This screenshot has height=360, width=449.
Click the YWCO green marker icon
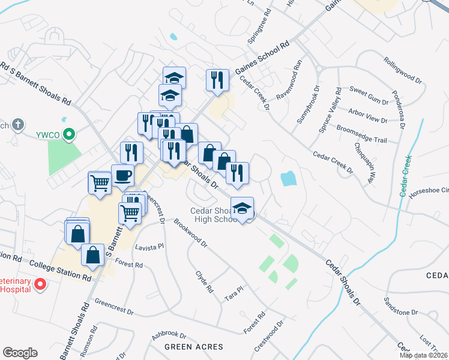click(70, 134)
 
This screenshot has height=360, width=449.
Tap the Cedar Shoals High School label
click(214, 215)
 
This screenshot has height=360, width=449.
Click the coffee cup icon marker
click(122, 176)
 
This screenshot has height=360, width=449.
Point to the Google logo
click(20, 353)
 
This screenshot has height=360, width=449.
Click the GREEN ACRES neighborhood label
click(194, 347)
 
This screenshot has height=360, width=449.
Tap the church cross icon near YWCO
click(19, 125)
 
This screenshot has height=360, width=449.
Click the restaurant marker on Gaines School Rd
click(217, 80)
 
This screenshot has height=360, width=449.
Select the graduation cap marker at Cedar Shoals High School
click(242, 208)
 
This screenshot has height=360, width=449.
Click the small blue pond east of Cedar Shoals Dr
click(289, 178)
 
